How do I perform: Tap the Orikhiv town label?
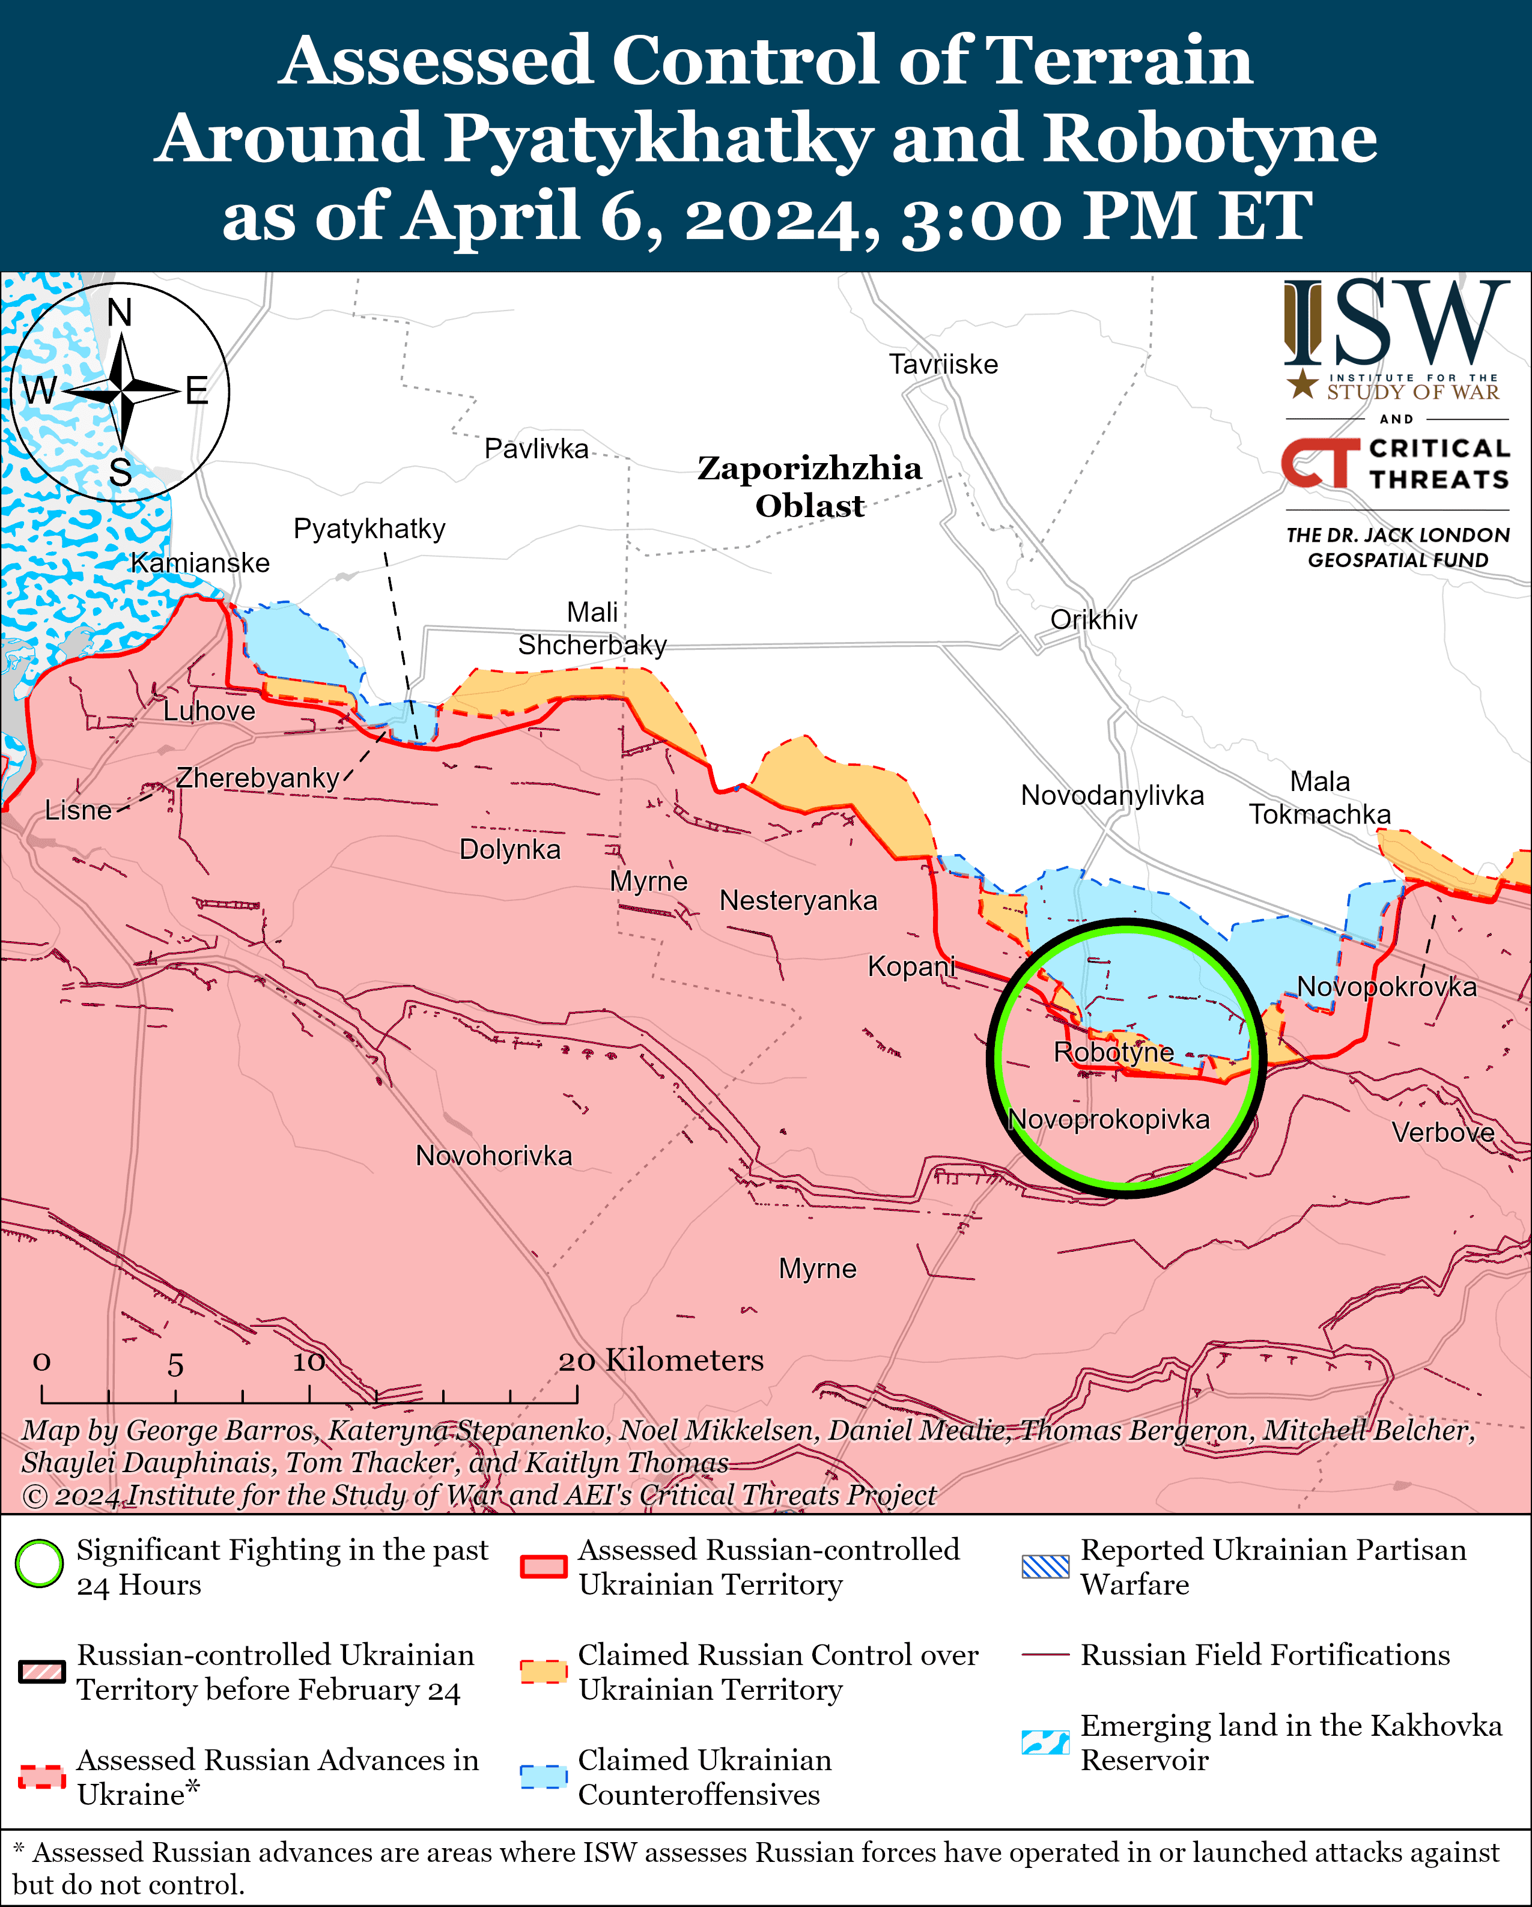(x=1093, y=619)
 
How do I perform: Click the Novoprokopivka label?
(x=1108, y=1119)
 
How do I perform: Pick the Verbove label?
(x=1442, y=1132)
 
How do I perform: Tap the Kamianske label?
(x=200, y=563)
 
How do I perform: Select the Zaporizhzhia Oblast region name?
(x=809, y=487)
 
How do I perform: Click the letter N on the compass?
(x=120, y=313)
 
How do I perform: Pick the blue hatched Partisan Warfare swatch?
(x=1045, y=1566)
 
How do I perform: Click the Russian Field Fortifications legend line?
(x=1045, y=1654)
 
